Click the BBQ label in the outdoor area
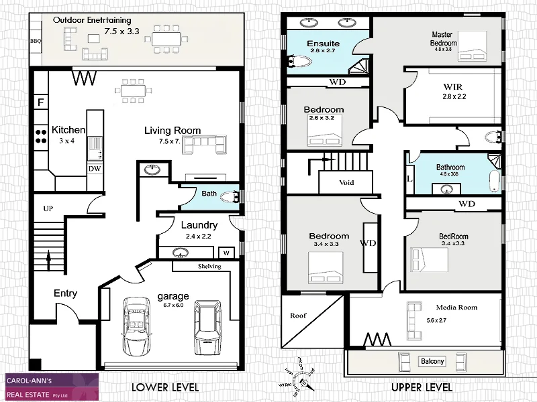point(36,41)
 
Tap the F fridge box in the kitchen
point(40,103)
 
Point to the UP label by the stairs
point(48,209)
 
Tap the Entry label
point(65,293)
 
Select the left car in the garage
point(137,326)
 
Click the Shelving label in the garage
point(209,266)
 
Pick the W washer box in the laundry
point(225,253)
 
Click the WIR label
point(454,86)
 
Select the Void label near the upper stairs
point(346,182)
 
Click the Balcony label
point(432,362)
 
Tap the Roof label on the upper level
point(297,316)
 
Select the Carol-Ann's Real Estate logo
point(51,387)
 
